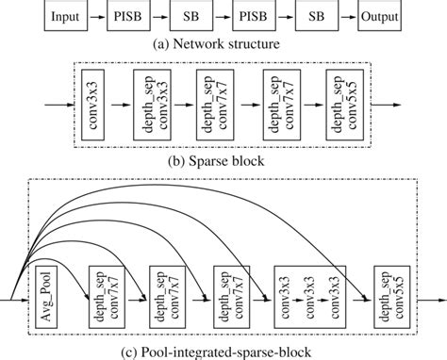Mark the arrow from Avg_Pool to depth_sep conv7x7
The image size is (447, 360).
click(74, 299)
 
